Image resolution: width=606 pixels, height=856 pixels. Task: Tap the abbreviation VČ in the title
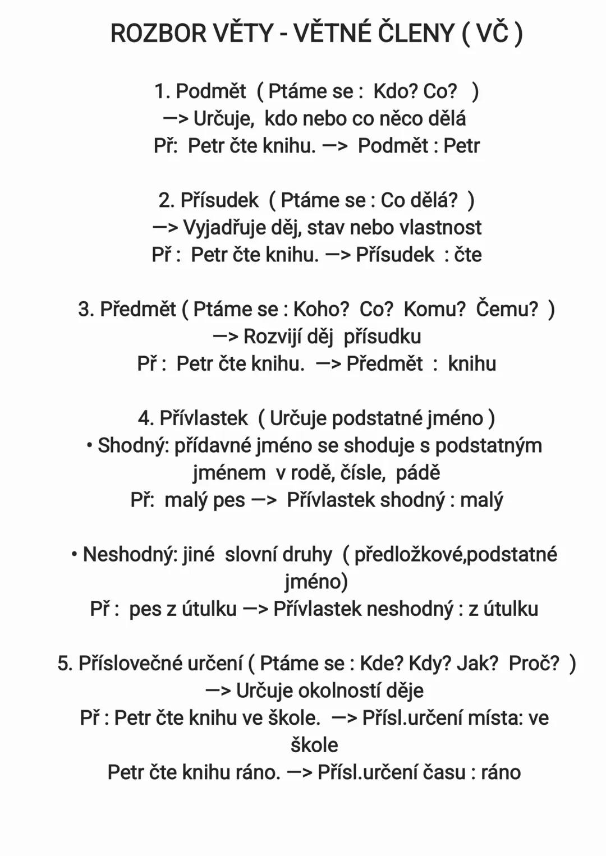492,34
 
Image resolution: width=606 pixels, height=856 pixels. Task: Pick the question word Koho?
321,309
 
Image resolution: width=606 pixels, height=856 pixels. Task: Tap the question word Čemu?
507,309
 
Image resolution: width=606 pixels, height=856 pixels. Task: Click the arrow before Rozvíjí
226,337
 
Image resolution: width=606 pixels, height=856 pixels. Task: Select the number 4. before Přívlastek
145,418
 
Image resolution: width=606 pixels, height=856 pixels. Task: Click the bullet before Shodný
89,445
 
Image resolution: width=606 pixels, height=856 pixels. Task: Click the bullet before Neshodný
74,554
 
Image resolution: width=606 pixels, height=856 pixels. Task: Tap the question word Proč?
534,664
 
